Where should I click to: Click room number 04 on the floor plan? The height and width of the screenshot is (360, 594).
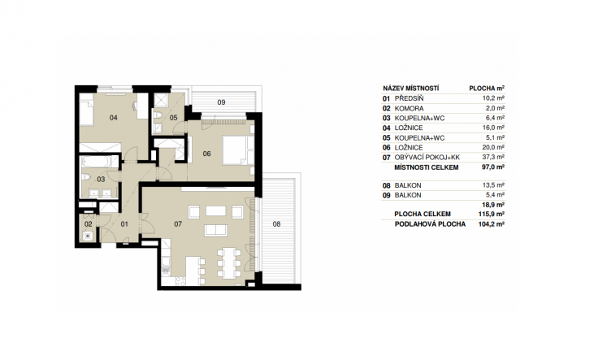tap(114, 118)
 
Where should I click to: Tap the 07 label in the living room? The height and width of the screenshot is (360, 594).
tap(178, 224)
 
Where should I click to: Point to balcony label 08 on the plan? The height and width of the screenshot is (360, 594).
tap(276, 224)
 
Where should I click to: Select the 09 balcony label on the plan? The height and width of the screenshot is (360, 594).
tap(221, 102)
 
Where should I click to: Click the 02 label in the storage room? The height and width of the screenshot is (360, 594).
tap(89, 224)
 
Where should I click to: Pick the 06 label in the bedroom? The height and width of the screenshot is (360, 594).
tap(206, 154)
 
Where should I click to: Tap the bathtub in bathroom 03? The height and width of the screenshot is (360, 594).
tap(95, 162)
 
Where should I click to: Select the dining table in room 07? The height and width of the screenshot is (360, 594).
tap(228, 263)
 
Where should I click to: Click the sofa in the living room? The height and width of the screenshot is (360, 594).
tap(215, 230)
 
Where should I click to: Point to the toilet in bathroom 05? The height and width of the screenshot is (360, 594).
tap(157, 115)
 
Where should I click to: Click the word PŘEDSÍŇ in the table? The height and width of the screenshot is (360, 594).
tap(409, 98)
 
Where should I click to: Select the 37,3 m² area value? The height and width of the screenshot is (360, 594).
tap(493, 157)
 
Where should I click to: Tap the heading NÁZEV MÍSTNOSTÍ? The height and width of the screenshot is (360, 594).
tap(411, 89)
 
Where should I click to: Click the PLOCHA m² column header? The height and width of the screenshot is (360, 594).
tap(487, 89)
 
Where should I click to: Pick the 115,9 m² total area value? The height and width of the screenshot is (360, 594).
tap(492, 214)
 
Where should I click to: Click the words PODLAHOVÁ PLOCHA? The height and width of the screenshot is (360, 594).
tap(430, 224)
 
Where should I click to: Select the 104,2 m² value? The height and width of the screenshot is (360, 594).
tap(492, 224)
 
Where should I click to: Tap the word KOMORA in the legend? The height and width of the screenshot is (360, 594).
tap(409, 108)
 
